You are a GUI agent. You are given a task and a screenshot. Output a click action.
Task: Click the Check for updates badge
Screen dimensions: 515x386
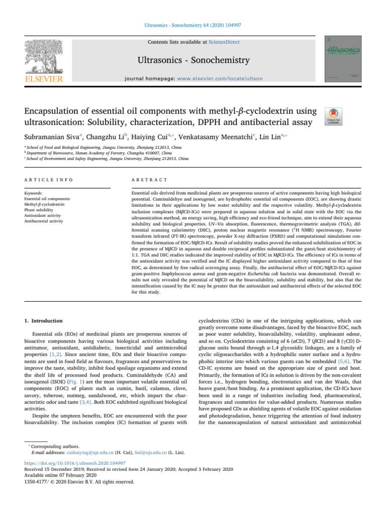pos(332,116)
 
